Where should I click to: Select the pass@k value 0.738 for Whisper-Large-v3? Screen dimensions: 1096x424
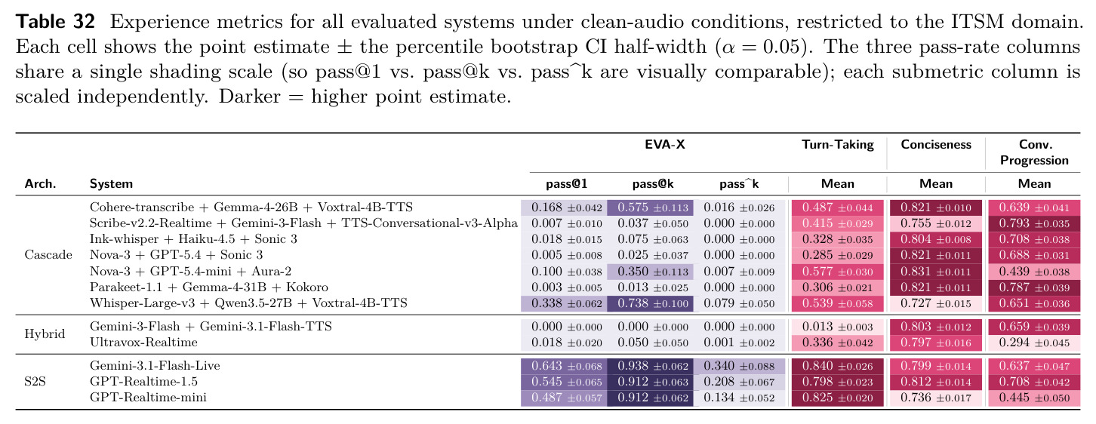(x=650, y=304)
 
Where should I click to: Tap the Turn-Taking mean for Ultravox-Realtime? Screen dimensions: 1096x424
(x=838, y=343)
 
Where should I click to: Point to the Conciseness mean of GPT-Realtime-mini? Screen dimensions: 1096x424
(x=936, y=398)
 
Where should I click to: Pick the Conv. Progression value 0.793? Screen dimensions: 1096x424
(x=1034, y=223)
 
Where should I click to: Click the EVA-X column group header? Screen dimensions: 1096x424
(x=665, y=144)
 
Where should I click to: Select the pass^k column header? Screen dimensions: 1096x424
(x=739, y=184)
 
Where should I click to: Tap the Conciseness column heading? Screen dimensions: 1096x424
(x=936, y=144)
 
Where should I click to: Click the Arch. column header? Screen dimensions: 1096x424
(x=40, y=184)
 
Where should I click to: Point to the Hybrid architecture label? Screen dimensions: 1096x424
(x=45, y=334)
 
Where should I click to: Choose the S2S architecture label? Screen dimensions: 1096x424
(x=35, y=382)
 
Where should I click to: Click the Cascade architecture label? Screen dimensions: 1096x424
(x=48, y=255)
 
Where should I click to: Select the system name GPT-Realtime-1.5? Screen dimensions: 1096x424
(x=145, y=382)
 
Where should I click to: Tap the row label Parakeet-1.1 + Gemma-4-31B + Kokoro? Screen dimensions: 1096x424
(x=209, y=287)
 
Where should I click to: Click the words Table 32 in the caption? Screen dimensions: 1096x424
(x=55, y=22)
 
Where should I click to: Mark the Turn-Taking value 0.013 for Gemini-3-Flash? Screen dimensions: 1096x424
(x=838, y=327)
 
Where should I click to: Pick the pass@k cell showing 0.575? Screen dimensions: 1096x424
(x=650, y=207)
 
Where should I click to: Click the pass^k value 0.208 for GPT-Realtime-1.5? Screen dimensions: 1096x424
(x=739, y=382)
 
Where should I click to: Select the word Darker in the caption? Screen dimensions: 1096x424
(x=250, y=97)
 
